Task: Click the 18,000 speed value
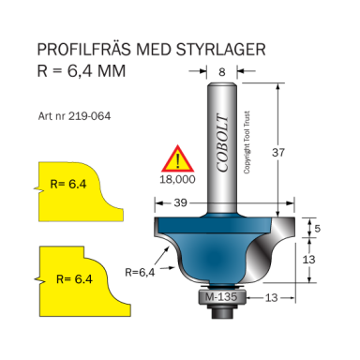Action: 178,176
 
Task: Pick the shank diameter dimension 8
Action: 221,70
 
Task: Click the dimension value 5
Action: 317,229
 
